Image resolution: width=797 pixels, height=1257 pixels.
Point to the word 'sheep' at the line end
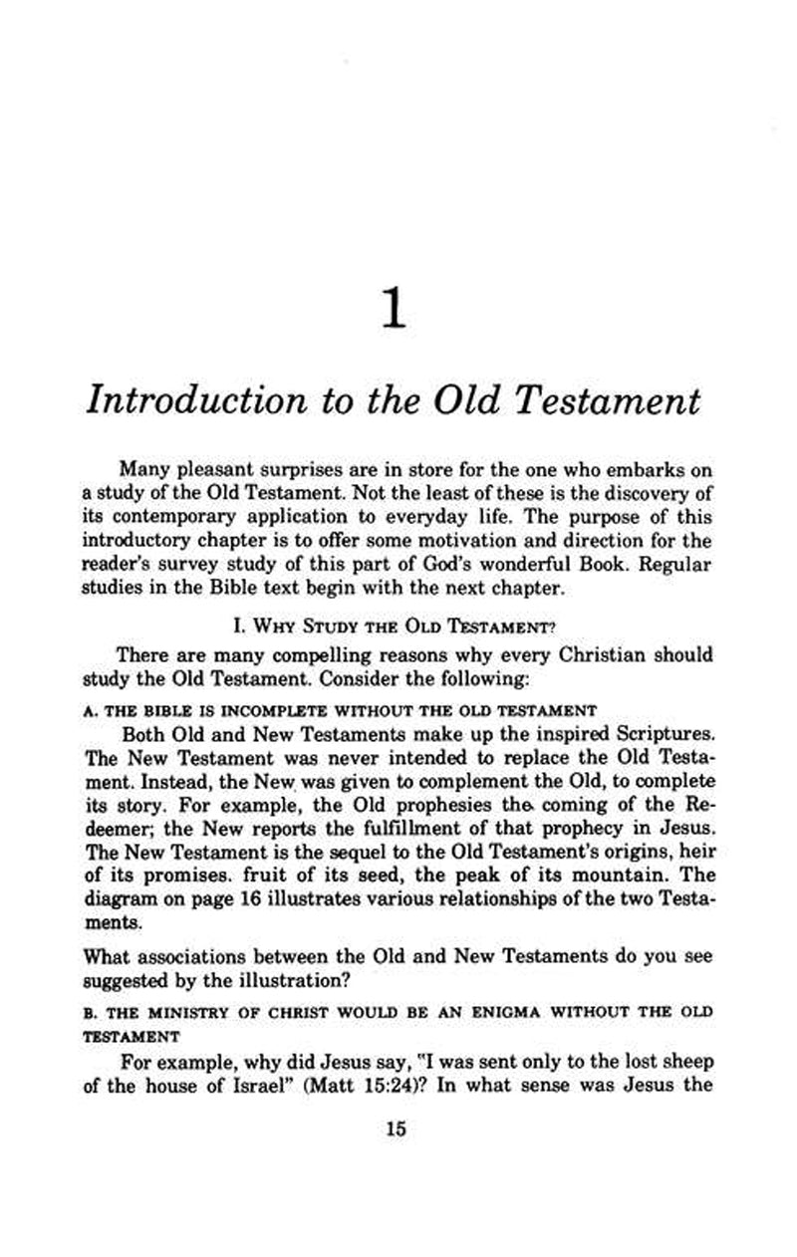tap(687, 1059)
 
